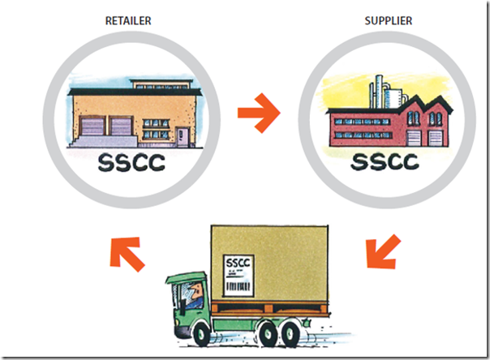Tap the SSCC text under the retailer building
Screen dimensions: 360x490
130,162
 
